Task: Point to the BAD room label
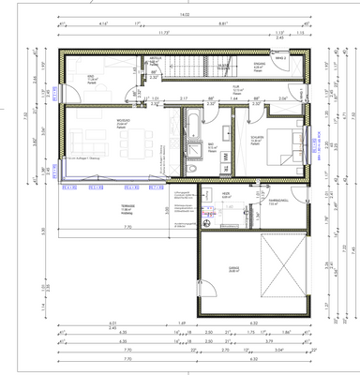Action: click(213, 146)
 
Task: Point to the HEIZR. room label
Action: click(226, 197)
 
